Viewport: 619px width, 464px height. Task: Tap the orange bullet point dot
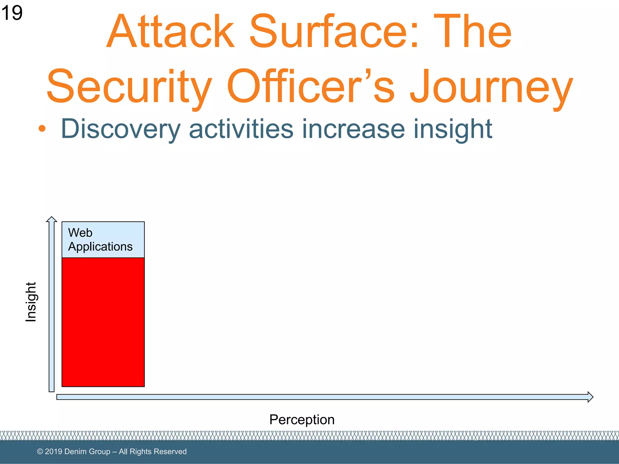pos(42,129)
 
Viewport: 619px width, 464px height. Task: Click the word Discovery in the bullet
pos(121,129)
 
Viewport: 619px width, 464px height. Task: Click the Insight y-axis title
pos(31,302)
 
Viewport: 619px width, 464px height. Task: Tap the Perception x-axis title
pos(302,420)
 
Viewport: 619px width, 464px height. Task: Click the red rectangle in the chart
pos(103,322)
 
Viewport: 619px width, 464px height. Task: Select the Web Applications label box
pos(103,240)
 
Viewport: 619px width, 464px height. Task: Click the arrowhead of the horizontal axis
pos(590,397)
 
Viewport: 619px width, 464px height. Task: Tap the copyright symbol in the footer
pos(40,452)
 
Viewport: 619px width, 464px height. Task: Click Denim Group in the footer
pos(87,452)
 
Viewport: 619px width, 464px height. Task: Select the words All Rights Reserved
pos(153,452)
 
